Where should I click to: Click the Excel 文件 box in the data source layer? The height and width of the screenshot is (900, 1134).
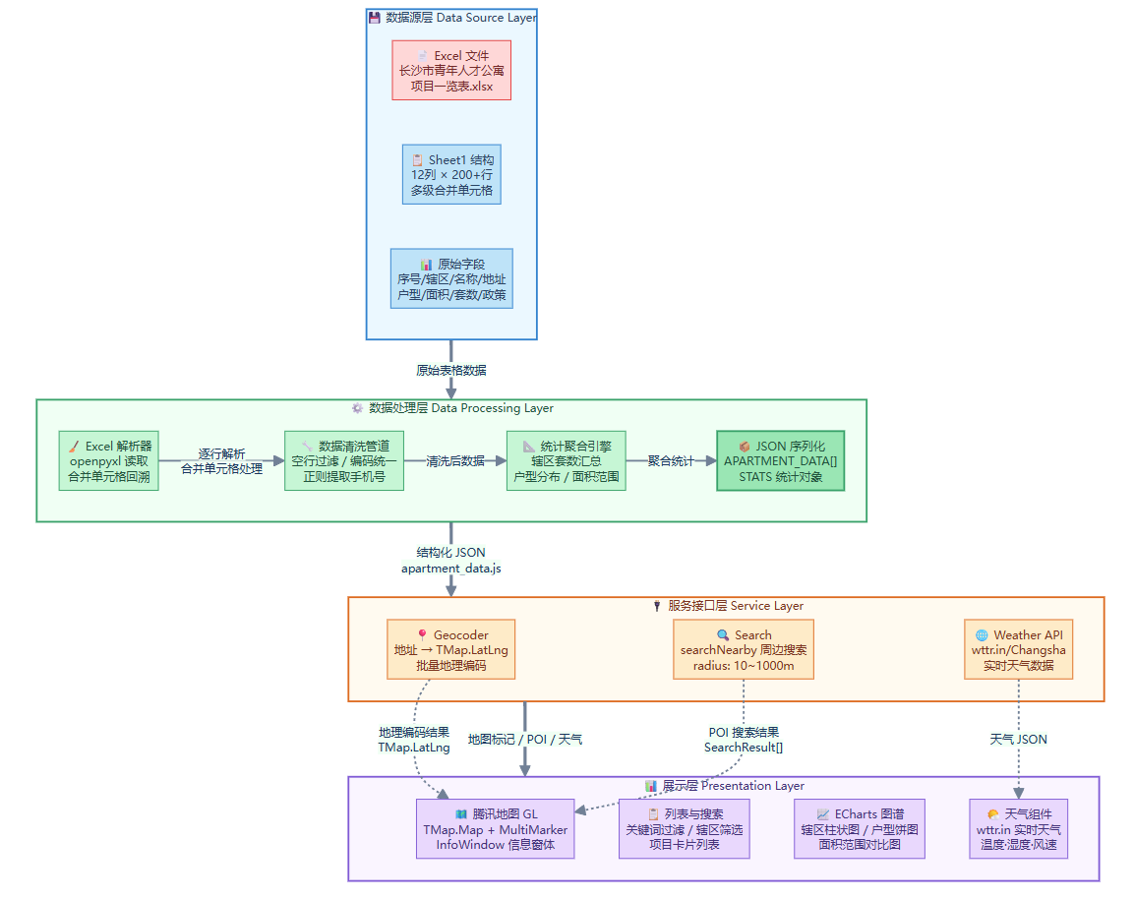click(451, 70)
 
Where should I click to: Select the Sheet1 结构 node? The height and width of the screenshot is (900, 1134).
click(451, 174)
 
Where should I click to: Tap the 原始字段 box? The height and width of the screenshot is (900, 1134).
click(451, 278)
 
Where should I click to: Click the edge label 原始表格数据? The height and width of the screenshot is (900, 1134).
click(451, 371)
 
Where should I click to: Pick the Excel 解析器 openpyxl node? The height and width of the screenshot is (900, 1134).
click(108, 461)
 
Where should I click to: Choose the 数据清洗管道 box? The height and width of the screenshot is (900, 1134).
click(344, 461)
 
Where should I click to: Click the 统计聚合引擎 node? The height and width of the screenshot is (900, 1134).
click(566, 461)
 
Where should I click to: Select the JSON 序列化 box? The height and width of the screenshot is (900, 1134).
click(781, 461)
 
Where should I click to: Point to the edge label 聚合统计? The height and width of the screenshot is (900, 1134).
click(671, 460)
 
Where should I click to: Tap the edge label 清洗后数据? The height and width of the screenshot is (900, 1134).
click(455, 460)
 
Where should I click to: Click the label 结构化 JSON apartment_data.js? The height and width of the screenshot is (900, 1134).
click(451, 561)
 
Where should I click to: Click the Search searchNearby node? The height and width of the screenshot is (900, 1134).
click(744, 649)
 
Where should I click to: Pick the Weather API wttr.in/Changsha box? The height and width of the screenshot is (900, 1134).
click(1018, 649)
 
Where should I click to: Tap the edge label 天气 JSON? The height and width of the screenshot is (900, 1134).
click(1018, 739)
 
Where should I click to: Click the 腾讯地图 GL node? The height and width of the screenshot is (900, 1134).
click(496, 829)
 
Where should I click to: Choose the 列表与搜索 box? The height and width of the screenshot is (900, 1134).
click(685, 829)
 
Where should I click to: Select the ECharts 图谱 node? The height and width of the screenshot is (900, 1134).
click(861, 829)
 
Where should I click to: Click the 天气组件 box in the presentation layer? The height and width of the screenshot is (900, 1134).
click(1018, 829)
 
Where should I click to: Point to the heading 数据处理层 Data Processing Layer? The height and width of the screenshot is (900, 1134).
click(451, 408)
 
